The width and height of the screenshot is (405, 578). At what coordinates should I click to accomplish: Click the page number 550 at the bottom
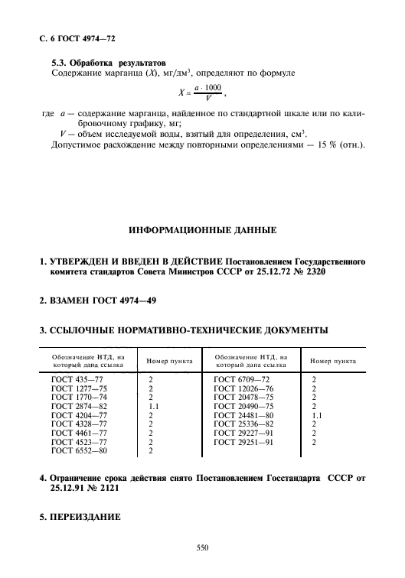[x=202, y=547]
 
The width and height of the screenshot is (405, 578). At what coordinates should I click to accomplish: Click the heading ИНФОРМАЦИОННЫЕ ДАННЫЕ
[x=202, y=230]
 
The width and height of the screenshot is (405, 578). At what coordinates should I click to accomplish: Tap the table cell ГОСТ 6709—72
[x=242, y=378]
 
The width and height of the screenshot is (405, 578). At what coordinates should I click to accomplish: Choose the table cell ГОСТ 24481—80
[x=244, y=415]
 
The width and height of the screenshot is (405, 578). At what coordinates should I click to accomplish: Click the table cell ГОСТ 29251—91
[x=244, y=442]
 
